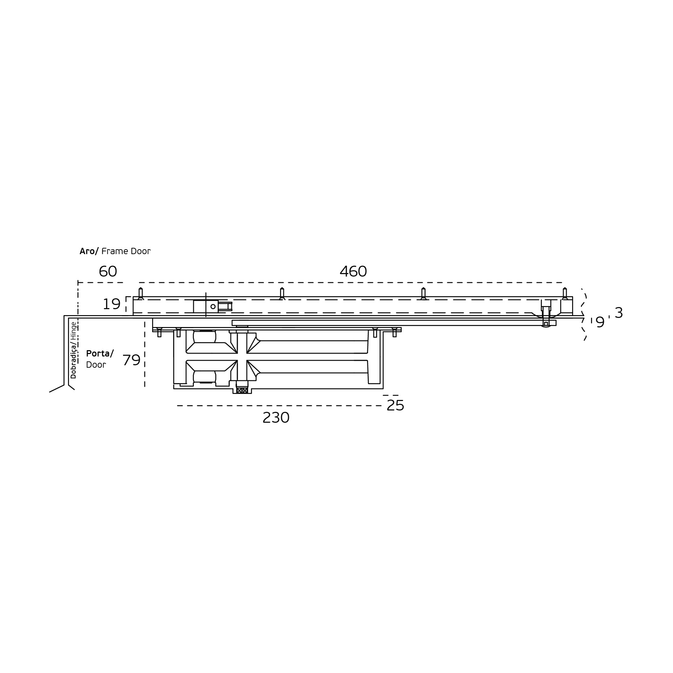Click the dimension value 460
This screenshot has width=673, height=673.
point(353,272)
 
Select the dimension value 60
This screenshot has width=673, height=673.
point(108,272)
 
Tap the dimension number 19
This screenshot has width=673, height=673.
point(111,304)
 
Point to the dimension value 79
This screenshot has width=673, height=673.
point(131,360)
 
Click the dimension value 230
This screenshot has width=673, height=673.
point(276,418)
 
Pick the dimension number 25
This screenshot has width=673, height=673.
point(395,406)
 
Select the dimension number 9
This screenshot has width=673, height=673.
point(600,322)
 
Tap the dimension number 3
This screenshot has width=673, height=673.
point(619,313)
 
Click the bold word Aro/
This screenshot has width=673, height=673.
point(89,251)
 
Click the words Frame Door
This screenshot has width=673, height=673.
point(126,251)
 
